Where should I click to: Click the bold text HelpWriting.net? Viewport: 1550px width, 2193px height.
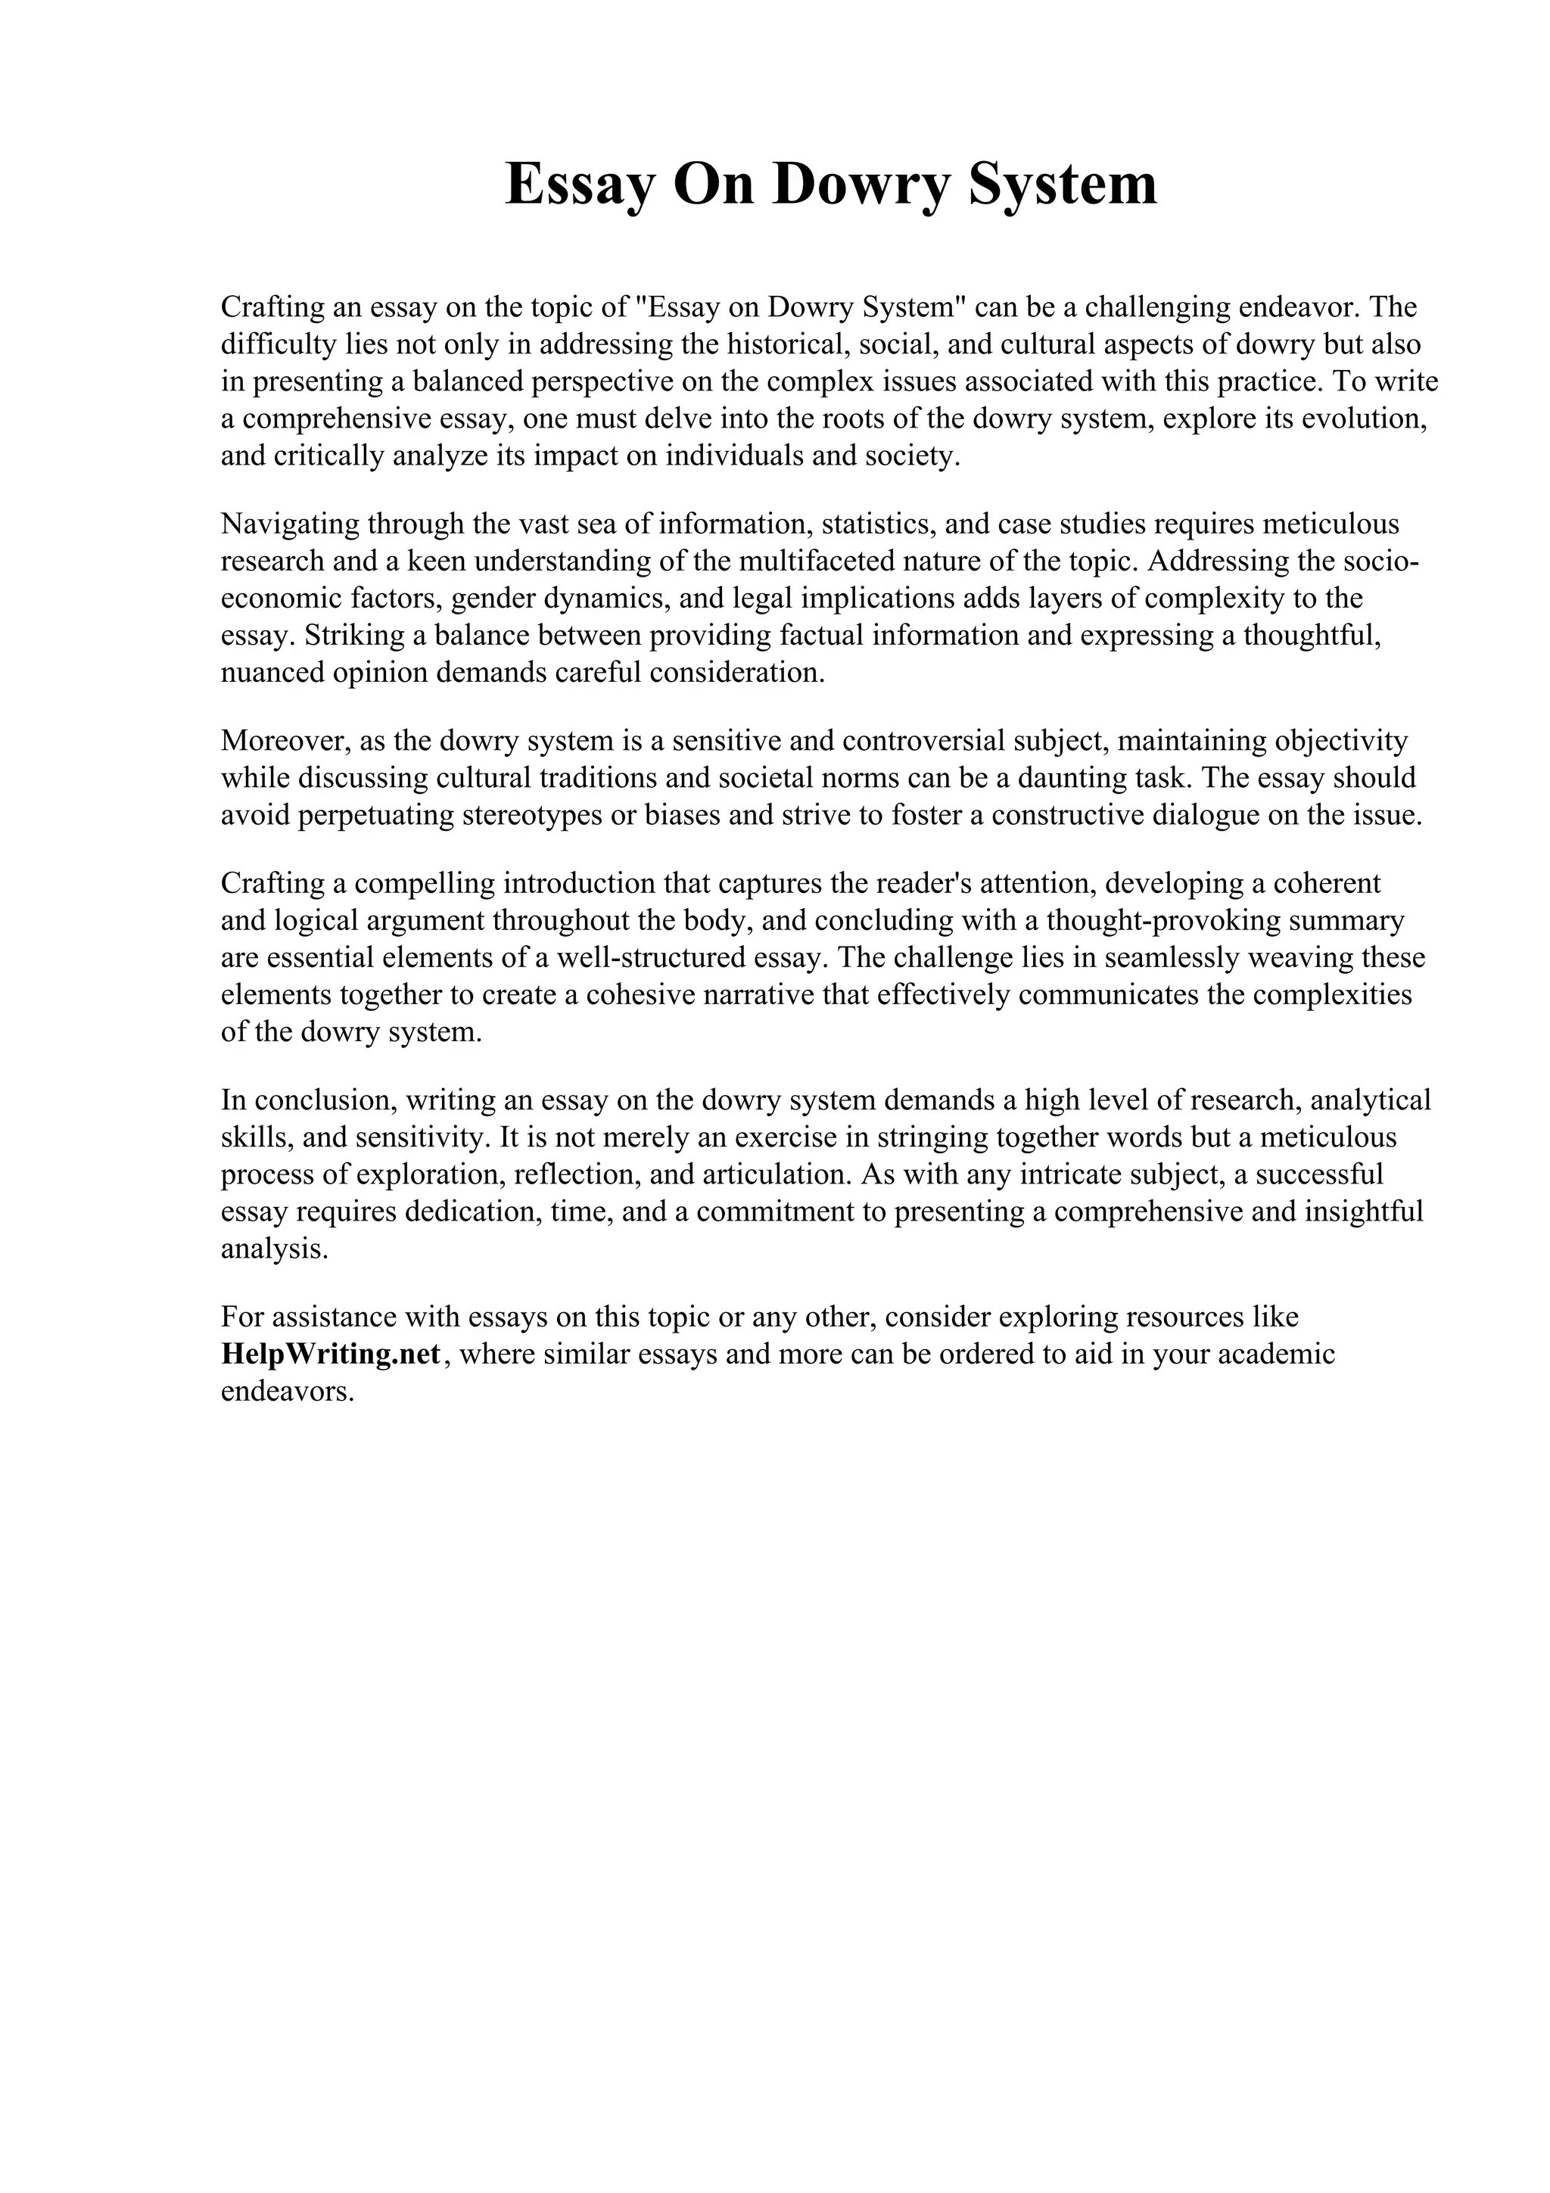click(x=331, y=1355)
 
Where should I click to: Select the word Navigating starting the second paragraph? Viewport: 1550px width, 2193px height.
click(x=289, y=524)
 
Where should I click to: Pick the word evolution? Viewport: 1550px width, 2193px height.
click(x=1362, y=419)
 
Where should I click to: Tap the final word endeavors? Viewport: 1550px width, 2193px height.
click(x=287, y=1392)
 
